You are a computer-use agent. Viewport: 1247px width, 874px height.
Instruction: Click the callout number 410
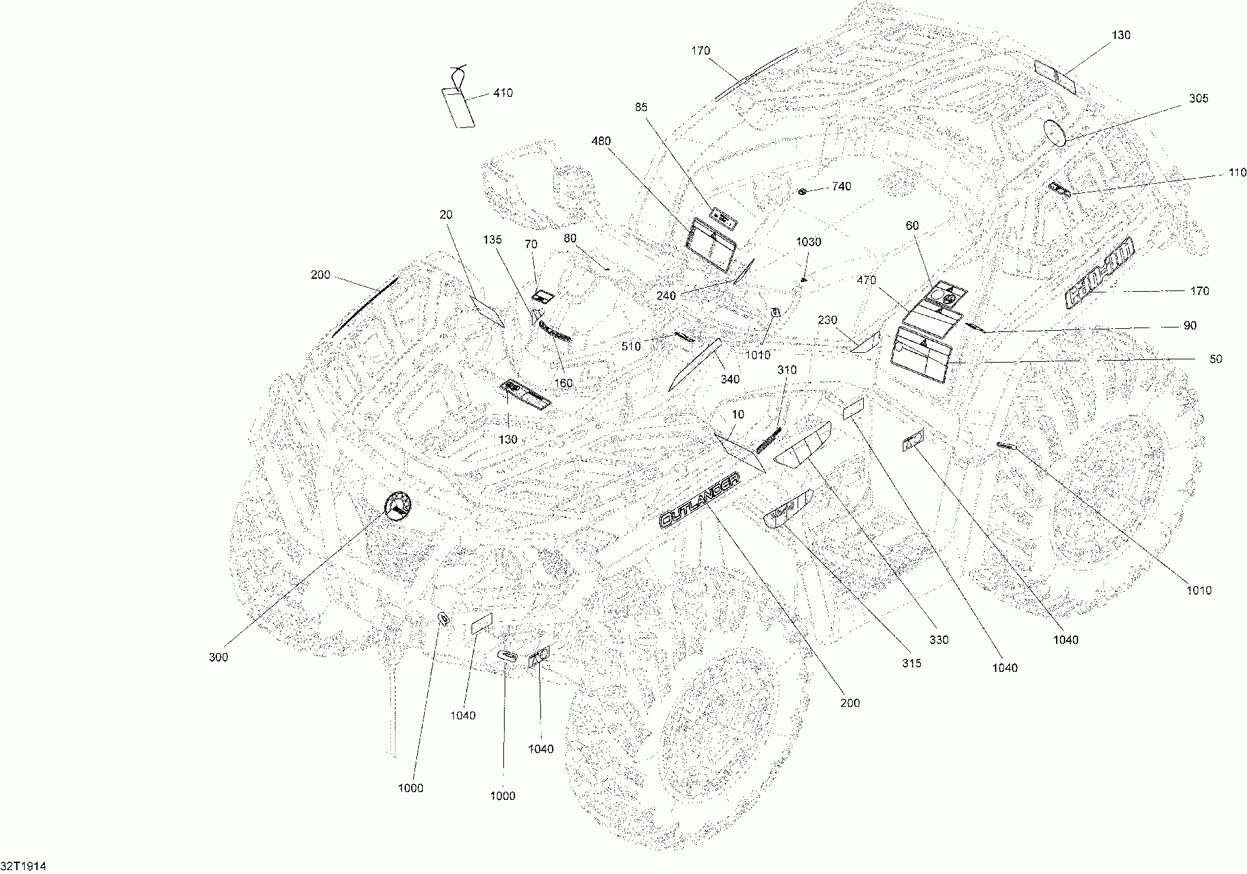coord(503,93)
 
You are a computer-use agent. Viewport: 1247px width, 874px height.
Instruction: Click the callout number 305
coord(1198,98)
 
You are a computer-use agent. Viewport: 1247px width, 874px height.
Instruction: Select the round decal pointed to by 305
coord(1055,133)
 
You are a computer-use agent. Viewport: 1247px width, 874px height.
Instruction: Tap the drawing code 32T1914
coord(23,866)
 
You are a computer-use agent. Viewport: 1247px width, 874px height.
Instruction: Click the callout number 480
coord(601,141)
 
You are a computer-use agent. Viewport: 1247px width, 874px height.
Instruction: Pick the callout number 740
coord(840,186)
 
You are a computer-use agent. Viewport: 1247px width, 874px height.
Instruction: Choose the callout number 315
coord(911,663)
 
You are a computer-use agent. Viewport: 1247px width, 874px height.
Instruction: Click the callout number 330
coord(938,640)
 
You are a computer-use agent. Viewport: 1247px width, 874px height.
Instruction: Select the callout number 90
coord(1189,326)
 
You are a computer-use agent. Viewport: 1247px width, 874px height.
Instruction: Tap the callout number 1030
coord(808,242)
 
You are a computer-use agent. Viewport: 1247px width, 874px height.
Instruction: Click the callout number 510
coord(631,346)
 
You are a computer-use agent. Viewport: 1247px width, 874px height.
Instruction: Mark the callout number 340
coord(730,379)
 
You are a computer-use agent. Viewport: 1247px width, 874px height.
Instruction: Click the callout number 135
coord(492,240)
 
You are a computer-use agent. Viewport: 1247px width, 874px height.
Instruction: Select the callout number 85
coord(641,107)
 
